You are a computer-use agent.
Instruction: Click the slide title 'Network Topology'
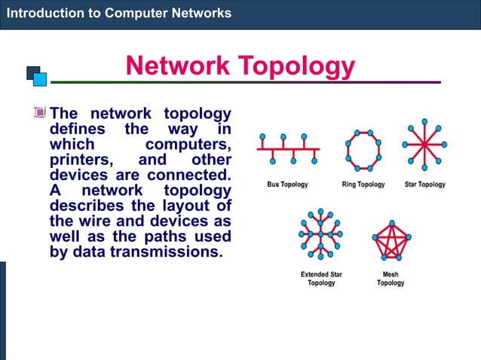point(240,66)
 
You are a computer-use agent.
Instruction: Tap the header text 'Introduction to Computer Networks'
point(118,13)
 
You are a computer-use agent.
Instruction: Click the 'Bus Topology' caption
point(287,185)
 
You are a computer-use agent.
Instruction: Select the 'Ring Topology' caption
point(363,185)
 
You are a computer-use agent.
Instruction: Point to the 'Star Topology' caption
point(424,185)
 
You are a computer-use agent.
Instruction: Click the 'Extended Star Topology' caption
point(321,279)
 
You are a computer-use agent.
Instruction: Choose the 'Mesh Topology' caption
point(391,279)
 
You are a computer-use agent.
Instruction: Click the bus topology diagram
point(287,150)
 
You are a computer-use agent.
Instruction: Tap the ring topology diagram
point(363,148)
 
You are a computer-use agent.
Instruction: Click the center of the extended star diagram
point(320,235)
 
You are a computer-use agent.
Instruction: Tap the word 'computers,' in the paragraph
point(188,144)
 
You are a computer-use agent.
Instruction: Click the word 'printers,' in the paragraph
point(81,160)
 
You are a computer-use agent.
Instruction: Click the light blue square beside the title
point(40,79)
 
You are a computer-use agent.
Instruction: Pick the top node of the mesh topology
point(391,224)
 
